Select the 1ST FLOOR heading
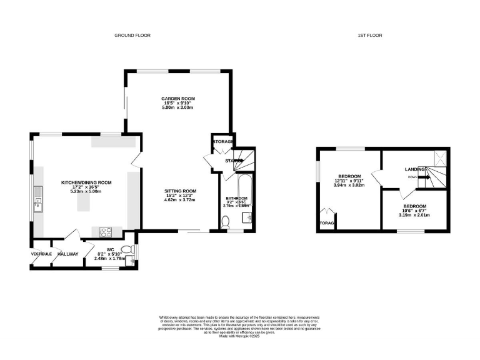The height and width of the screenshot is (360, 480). pos(371,36)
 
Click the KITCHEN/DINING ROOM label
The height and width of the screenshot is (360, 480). pos(86,182)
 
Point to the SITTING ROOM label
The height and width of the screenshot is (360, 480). pos(181,191)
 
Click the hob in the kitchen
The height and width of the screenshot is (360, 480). pos(104,233)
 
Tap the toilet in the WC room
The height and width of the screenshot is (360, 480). pos(127,250)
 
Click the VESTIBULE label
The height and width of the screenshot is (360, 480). pos(42,254)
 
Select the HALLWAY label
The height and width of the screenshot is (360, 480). pos(68,254)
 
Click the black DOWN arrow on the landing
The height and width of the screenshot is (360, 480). pos(424,177)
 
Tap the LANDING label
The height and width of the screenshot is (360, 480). pos(415,169)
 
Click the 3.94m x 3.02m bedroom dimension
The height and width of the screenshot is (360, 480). pos(349,185)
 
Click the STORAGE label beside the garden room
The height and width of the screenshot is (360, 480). pos(223,142)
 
